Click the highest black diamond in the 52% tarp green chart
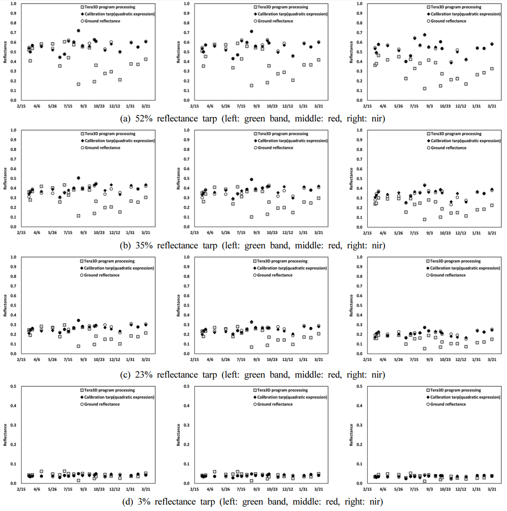[x=78, y=31]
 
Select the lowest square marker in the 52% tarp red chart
[x=251, y=86]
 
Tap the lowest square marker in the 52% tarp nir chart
[x=425, y=88]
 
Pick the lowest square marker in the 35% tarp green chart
[x=78, y=216]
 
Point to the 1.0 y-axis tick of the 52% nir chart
[x=359, y=4]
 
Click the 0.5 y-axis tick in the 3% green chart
[x=13, y=386]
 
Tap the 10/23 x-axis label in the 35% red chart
[x=272, y=233]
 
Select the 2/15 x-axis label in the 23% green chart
[x=21, y=360]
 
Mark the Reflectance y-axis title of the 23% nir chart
[x=352, y=305]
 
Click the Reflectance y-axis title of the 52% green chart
[x=5, y=52]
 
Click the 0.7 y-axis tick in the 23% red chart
[x=187, y=286]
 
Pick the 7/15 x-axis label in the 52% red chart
[x=241, y=106]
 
